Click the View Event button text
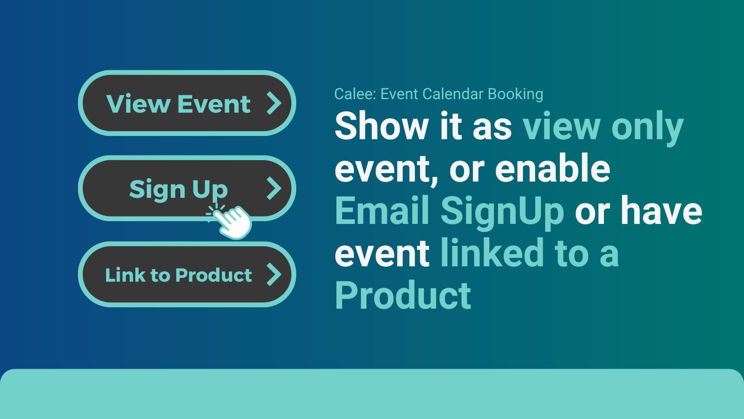(178, 103)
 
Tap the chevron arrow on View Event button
(274, 103)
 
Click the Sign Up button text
(178, 189)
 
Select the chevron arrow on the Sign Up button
(274, 189)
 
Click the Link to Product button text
(178, 275)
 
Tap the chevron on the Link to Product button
(274, 274)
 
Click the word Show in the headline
(381, 126)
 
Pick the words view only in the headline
(603, 127)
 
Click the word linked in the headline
(492, 253)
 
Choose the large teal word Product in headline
(403, 295)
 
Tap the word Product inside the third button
(214, 275)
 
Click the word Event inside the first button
(214, 103)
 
